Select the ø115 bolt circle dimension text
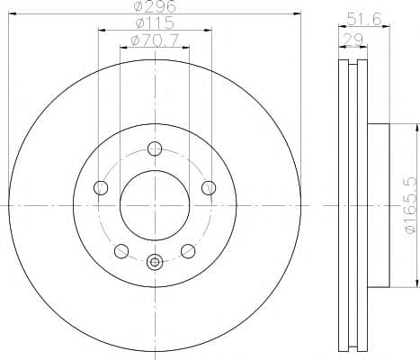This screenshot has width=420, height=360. (155, 24)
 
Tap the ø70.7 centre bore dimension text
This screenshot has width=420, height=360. (155, 40)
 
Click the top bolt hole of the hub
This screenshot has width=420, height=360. (155, 149)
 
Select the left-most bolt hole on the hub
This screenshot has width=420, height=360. (101, 188)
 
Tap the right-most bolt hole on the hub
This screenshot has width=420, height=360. (209, 188)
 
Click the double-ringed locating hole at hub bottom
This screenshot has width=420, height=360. (155, 263)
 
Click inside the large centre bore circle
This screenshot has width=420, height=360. (155, 206)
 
